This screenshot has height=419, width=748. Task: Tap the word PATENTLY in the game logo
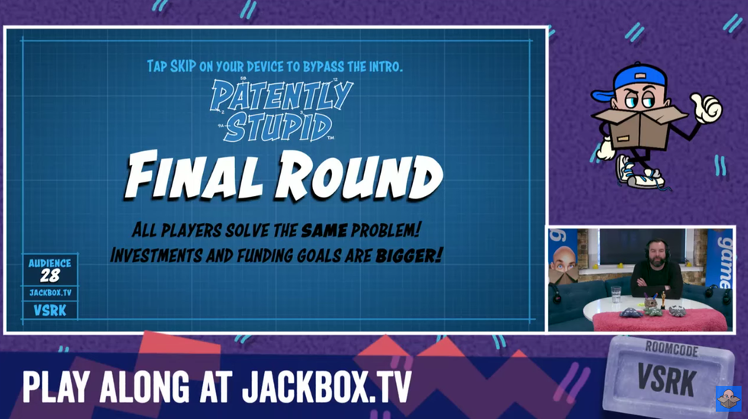click(x=281, y=95)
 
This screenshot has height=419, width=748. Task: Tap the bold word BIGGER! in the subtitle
click(x=409, y=254)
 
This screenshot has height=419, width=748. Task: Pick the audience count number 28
click(x=50, y=276)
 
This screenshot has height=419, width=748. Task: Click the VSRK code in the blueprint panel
click(x=50, y=310)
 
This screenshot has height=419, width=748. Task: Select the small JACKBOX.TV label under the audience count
click(x=50, y=292)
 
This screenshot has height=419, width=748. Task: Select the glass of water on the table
click(x=615, y=294)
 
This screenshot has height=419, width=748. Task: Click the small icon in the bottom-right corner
click(x=727, y=398)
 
